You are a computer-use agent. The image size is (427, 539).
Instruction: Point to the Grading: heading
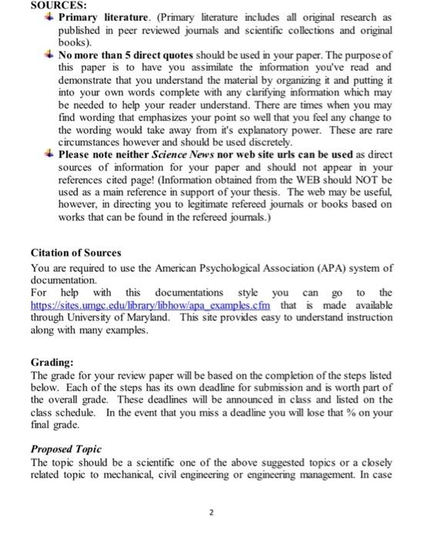[52, 361]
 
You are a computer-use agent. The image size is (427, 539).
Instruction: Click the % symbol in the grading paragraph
[346, 411]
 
